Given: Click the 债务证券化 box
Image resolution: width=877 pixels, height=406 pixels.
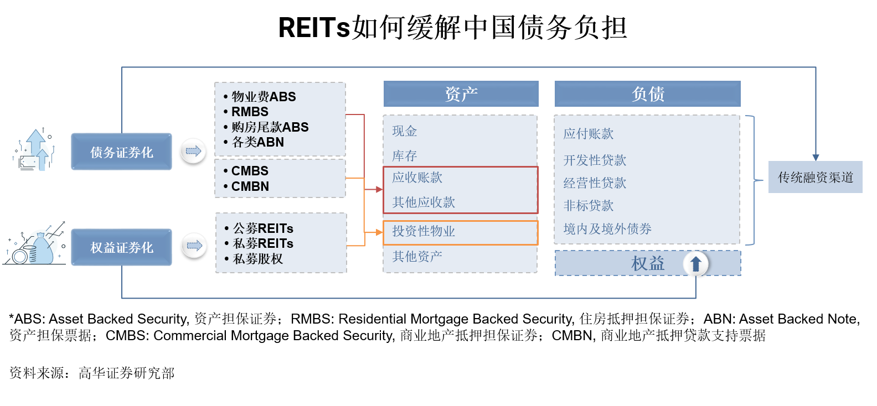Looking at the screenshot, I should coord(121,152).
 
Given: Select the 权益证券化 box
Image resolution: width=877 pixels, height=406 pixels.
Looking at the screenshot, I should coord(121,247).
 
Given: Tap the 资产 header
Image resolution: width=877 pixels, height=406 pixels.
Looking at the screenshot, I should coord(461,93).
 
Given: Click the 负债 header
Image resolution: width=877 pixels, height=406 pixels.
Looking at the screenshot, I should coord(647,93).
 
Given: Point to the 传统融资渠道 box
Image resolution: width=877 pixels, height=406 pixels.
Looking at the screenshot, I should coord(815,177).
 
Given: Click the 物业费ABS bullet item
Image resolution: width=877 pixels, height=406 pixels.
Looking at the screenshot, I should coord(263,97).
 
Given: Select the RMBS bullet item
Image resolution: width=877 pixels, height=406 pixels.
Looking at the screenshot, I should coord(249,112).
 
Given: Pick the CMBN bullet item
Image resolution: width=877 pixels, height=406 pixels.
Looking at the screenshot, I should coord(250,186).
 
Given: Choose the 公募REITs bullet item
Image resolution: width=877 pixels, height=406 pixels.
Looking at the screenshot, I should coord(262,228).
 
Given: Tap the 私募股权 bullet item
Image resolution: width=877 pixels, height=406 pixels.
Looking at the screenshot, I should coord(257,259).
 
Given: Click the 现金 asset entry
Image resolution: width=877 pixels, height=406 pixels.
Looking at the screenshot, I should coord(404,131).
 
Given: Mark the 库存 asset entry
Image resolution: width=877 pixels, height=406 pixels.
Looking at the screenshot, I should coord(404,156).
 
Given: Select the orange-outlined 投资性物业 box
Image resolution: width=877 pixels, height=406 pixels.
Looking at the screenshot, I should coord(460,232).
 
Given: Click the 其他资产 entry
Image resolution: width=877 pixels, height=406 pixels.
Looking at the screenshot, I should coord(417,256).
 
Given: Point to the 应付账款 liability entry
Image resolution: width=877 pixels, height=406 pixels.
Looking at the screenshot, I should coord(588,134).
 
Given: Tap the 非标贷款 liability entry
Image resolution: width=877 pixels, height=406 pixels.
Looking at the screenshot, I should coord(588,206).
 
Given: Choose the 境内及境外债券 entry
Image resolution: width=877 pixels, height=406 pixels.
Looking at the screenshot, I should coord(607,229).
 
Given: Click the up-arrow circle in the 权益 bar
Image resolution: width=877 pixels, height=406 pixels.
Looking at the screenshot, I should coord(695,264).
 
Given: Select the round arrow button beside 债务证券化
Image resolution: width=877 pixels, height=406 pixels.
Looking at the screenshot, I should coord(193,150).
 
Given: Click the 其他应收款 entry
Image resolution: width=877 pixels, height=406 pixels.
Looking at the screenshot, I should coord(424,202).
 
